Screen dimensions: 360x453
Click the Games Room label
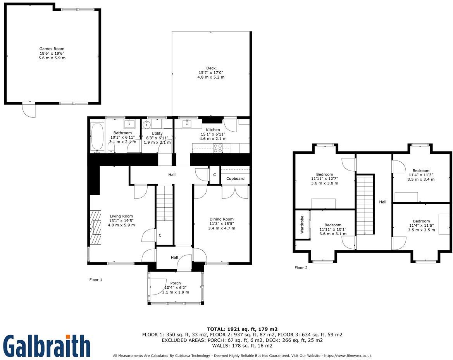click(x=52, y=49)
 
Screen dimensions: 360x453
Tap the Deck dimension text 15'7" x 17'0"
click(x=211, y=72)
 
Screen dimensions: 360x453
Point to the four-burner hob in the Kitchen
click(x=218, y=148)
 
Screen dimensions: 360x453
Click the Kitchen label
click(x=213, y=130)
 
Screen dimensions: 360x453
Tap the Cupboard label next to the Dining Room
click(x=235, y=179)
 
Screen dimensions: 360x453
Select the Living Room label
click(x=121, y=216)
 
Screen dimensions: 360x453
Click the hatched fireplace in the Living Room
click(x=95, y=227)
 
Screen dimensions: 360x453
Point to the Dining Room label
click(x=222, y=219)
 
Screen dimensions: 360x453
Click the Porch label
click(x=176, y=283)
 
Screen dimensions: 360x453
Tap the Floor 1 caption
click(x=96, y=279)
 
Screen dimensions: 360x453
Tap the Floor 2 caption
click(x=301, y=268)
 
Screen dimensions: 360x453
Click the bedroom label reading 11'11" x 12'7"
click(x=324, y=179)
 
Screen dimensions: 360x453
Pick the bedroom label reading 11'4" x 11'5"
click(x=421, y=226)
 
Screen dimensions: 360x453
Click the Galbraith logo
click(x=47, y=346)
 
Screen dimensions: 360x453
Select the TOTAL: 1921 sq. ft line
click(x=242, y=329)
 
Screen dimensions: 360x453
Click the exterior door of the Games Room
click(x=29, y=110)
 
